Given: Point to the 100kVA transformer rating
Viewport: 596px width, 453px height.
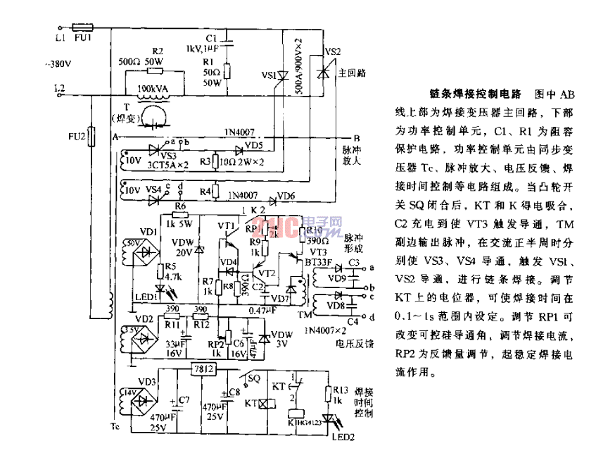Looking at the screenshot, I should tap(153, 89).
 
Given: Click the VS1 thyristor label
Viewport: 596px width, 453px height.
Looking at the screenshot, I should tap(268, 74).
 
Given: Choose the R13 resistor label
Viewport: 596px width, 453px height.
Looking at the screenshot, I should tap(341, 388).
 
